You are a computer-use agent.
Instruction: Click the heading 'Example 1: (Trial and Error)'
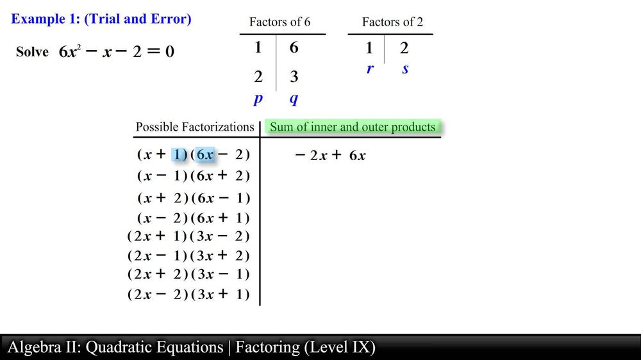click(101, 19)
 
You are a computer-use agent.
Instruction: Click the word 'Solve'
click(32, 52)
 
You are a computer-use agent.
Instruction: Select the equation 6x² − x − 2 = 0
click(117, 52)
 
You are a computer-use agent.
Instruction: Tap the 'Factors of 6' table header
click(279, 22)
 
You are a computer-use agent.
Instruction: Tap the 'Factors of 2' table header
click(392, 22)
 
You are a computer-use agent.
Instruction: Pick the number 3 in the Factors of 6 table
click(294, 78)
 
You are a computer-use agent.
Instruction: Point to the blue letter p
click(258, 99)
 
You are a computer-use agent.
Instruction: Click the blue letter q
click(294, 99)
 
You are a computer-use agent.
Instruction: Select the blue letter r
click(370, 69)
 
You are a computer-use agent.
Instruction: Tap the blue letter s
click(405, 69)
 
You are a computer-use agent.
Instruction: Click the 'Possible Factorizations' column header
click(194, 127)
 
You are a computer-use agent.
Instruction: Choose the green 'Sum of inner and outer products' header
click(353, 127)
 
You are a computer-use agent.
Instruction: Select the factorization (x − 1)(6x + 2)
click(193, 176)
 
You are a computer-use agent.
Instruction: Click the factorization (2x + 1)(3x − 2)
click(188, 236)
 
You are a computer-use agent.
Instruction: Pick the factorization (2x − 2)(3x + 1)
click(188, 295)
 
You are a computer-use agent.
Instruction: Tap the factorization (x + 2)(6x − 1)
click(193, 198)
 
